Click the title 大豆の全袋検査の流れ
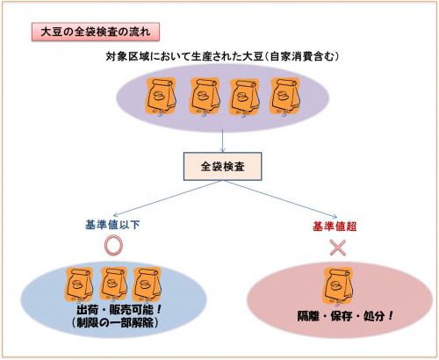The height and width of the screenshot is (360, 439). click(x=96, y=33)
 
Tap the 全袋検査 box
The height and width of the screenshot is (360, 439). click(x=219, y=164)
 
